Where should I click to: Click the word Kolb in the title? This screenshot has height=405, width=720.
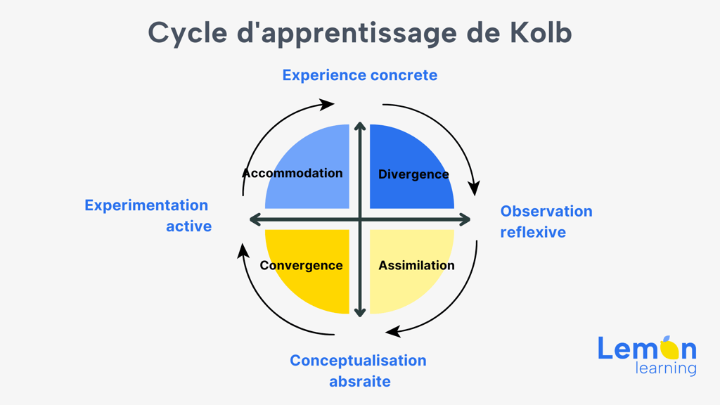541,32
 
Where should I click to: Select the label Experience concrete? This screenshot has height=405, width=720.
359,75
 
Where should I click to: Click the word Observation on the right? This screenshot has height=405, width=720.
546,211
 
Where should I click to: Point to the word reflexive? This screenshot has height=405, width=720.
533,232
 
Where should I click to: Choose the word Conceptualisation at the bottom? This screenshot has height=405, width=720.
358,361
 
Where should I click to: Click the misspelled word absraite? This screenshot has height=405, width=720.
359,381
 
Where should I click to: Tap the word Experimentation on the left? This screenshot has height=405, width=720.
146,205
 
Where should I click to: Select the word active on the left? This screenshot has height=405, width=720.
188,226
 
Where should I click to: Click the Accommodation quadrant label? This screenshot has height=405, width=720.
292,173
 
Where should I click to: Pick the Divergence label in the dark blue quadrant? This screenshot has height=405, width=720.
413,174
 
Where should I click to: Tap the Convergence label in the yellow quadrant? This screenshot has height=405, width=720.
301,265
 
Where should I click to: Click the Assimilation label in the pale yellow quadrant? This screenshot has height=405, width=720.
416,265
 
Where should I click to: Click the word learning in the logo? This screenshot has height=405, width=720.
666,368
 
